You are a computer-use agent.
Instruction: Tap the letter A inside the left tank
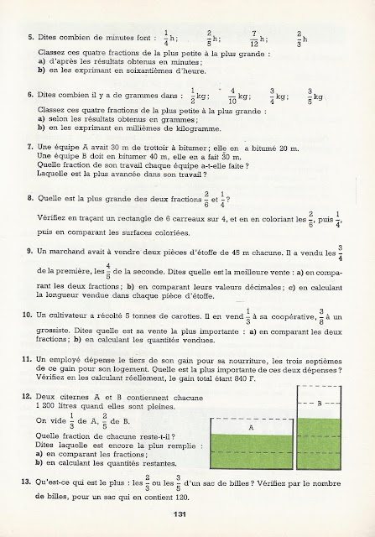[251, 425]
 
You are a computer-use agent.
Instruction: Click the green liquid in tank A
[251, 454]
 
